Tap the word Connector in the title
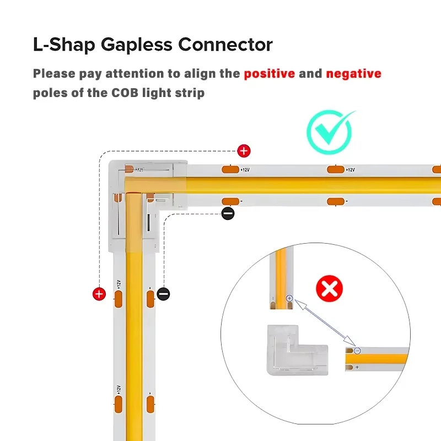click(231, 45)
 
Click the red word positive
click(270, 73)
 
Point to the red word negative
click(353, 73)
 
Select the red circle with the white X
click(329, 288)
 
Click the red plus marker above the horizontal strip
click(243, 150)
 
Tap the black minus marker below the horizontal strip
click(228, 213)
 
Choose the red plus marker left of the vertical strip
click(99, 294)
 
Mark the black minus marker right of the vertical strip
click(164, 294)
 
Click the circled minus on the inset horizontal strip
click(357, 351)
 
